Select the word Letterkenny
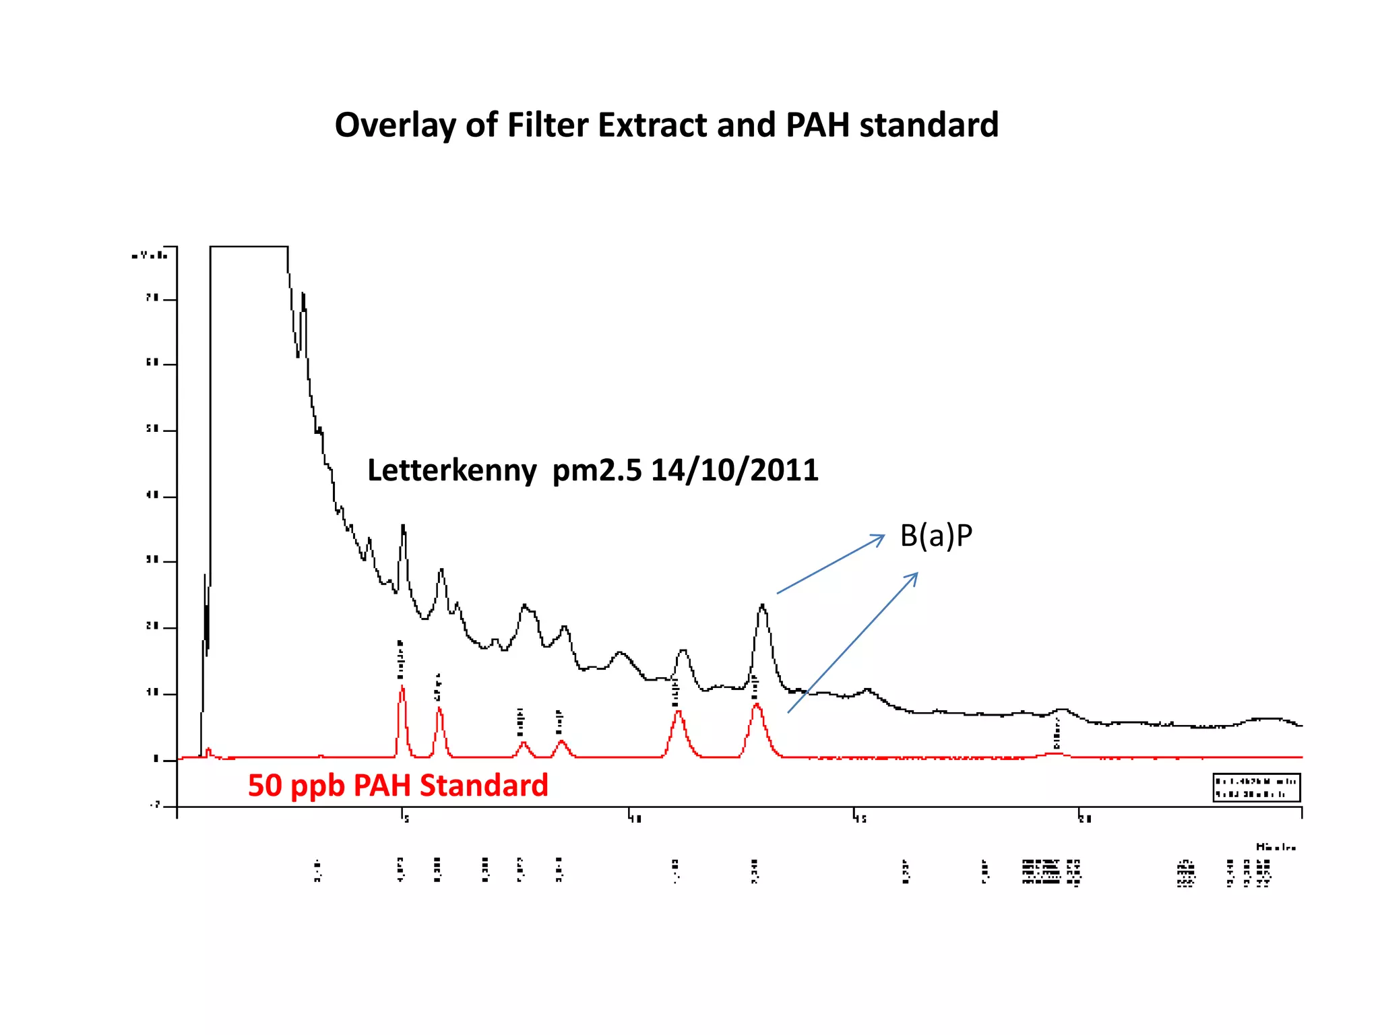click(x=451, y=470)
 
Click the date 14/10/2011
click(x=734, y=470)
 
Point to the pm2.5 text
click(x=597, y=471)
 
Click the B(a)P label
click(x=936, y=536)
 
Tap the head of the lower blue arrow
click(x=916, y=574)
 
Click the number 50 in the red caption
click(x=264, y=786)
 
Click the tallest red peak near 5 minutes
click(x=402, y=687)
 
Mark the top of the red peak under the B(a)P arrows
click(x=757, y=705)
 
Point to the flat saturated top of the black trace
click(x=249, y=247)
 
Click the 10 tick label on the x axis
click(x=636, y=819)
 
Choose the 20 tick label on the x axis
click(x=1085, y=819)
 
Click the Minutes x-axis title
click(x=1276, y=847)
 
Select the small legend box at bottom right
click(x=1257, y=788)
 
